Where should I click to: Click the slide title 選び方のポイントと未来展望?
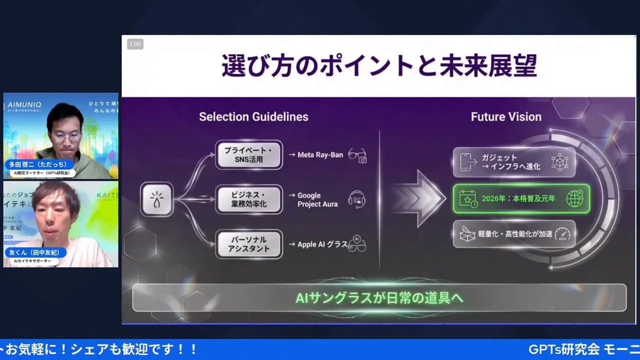pos(379,66)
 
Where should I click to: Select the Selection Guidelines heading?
pos(253,116)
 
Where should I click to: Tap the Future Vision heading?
pos(506,116)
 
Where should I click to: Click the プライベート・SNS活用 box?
pos(249,154)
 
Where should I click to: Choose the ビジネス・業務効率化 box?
pos(249,199)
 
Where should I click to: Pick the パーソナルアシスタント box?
pos(249,244)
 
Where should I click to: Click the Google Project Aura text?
pos(317,199)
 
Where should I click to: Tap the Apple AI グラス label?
pos(322,244)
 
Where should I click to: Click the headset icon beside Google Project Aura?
pos(357,199)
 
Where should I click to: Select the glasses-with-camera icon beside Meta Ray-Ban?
pos(357,155)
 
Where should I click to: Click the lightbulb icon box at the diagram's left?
pos(156,199)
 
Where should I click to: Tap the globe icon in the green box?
pos(574,198)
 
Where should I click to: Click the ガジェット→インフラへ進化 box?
pos(514,162)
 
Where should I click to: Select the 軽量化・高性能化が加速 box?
pos(514,233)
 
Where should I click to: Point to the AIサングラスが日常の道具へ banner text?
pos(379,298)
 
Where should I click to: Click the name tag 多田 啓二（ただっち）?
pos(40,164)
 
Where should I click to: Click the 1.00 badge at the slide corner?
pos(135,44)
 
